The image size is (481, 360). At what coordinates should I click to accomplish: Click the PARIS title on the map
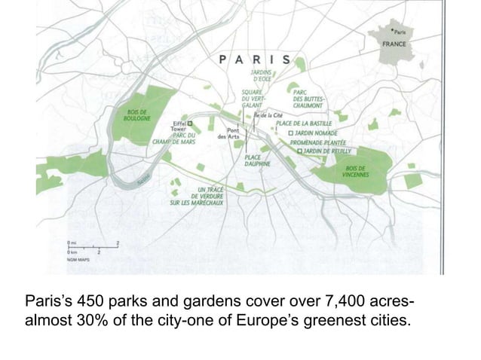point(256,59)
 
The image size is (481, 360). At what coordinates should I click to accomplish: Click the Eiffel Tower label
point(178,126)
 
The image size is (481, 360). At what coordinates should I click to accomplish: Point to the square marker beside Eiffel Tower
point(190,122)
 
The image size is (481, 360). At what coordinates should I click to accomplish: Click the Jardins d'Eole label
point(263,75)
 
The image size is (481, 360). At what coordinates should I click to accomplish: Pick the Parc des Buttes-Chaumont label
point(309,99)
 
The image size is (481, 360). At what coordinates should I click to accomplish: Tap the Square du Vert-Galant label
point(253,99)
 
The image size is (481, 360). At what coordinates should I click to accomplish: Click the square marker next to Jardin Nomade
point(292,133)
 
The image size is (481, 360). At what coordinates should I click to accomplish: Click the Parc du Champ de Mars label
point(175,138)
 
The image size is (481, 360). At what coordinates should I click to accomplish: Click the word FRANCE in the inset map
point(394,44)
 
